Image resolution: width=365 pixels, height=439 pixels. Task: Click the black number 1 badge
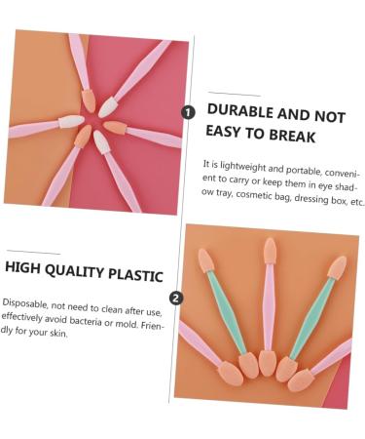(x=189, y=113)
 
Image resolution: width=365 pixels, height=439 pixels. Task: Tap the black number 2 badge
(x=175, y=298)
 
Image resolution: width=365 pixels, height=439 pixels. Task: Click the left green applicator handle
(x=225, y=311)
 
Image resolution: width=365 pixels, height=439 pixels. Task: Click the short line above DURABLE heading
(x=234, y=95)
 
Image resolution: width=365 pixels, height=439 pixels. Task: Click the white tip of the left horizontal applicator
(x=71, y=122)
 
